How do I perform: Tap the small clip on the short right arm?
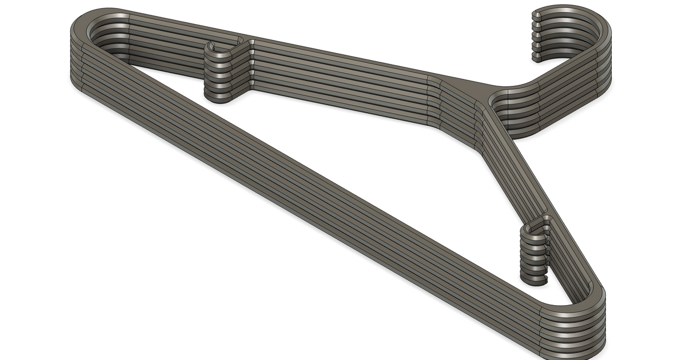coord(535,251)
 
